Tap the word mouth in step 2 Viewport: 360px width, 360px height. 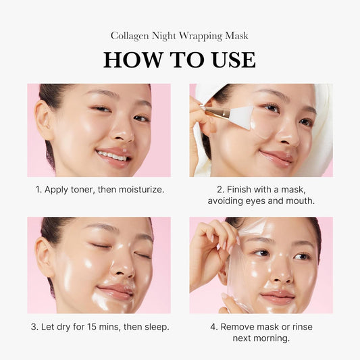pyautogui.click(x=296, y=201)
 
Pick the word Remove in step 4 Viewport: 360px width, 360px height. pyautogui.click(x=238, y=327)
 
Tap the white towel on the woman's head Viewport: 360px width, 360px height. pyautogui.click(x=321, y=122)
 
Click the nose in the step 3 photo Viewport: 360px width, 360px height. pyautogui.click(x=122, y=267)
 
